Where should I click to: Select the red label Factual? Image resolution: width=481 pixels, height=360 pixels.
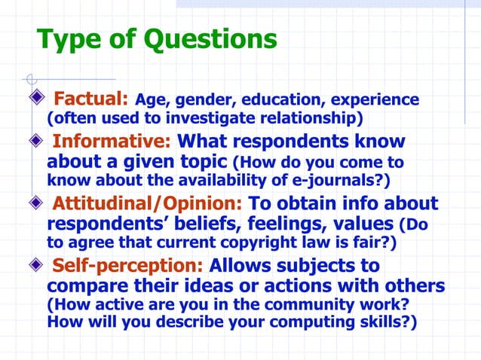pyautogui.click(x=93, y=99)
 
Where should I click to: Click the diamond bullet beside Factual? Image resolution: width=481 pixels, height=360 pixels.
pyautogui.click(x=37, y=99)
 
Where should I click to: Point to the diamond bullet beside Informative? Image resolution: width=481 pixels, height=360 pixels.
pyautogui.click(x=37, y=142)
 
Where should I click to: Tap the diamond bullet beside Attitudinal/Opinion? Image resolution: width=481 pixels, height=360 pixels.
pyautogui.click(x=37, y=203)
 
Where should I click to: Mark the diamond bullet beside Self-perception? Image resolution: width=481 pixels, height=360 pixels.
pyautogui.click(x=37, y=266)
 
